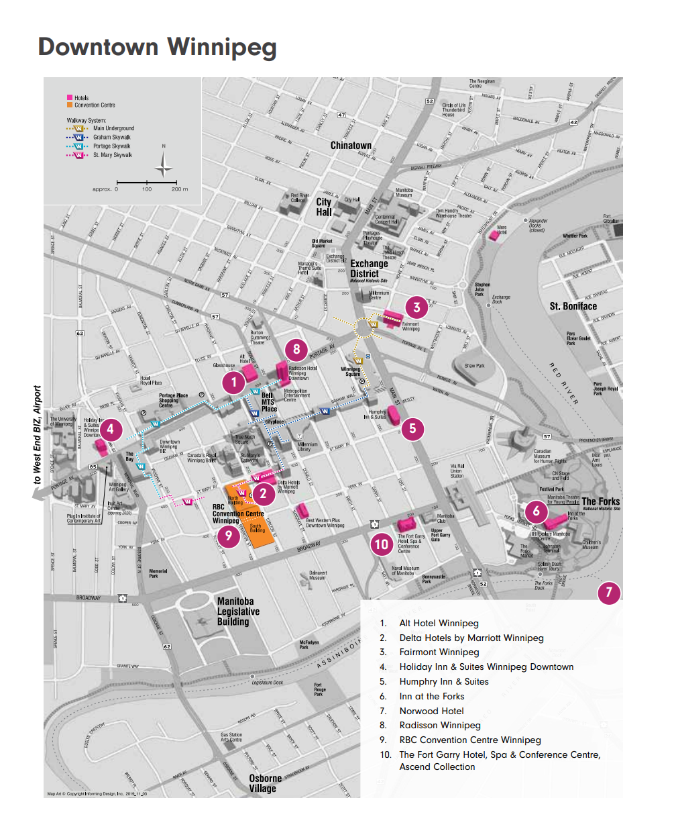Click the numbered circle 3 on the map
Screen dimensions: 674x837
(416, 307)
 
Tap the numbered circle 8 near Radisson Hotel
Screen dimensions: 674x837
(296, 349)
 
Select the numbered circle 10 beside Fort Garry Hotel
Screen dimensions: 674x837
(382, 544)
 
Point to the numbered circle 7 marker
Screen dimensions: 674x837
(609, 592)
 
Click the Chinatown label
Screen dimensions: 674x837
(351, 146)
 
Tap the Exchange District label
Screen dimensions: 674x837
(369, 268)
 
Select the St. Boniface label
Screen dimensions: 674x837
(573, 306)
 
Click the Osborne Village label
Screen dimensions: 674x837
(265, 783)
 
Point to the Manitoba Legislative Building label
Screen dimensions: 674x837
(237, 611)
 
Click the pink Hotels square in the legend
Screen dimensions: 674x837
(70, 98)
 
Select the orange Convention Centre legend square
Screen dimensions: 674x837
(70, 105)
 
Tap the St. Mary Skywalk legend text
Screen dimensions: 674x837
(112, 155)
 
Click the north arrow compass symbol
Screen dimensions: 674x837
(164, 164)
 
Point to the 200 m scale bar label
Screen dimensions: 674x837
(179, 189)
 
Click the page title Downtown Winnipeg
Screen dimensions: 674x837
(157, 47)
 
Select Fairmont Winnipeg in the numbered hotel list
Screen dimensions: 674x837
(439, 652)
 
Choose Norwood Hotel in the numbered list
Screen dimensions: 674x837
(431, 711)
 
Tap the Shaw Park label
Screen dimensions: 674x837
(474, 366)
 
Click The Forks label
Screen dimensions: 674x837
(600, 501)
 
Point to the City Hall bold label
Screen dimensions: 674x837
(324, 207)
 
